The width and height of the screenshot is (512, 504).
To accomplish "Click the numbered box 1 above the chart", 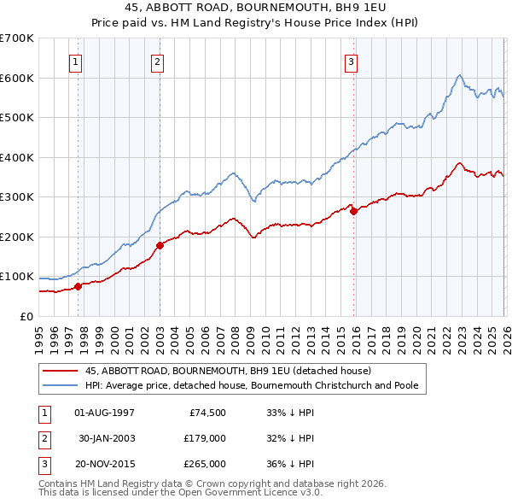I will [76, 62].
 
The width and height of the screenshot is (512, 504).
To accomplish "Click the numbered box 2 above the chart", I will [158, 62].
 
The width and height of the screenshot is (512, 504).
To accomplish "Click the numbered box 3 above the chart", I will [352, 62].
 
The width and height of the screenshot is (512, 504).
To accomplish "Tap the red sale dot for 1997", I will [78, 286].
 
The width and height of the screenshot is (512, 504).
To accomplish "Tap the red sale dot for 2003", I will [160, 245].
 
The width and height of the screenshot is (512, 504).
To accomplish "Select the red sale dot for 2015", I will [354, 211].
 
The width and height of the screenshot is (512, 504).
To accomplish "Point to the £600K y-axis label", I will [17, 78].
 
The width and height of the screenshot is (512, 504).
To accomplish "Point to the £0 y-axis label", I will [26, 316].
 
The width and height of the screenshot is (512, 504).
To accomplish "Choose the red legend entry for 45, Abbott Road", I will [228, 371].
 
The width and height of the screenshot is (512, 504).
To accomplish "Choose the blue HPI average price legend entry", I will [252, 386].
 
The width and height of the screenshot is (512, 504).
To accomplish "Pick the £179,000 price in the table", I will [206, 438].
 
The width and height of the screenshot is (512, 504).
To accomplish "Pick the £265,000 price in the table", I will [206, 464].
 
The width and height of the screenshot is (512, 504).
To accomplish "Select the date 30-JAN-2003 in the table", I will [106, 438].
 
